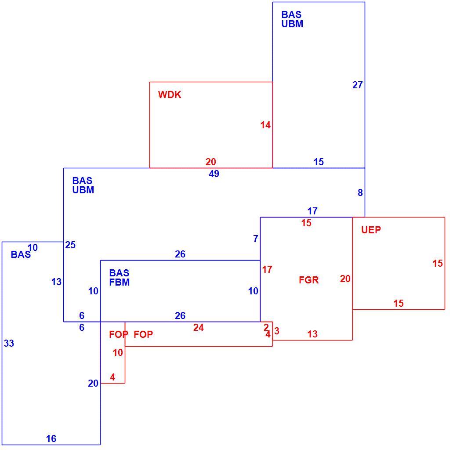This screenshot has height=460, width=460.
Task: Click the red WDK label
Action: click(x=170, y=95)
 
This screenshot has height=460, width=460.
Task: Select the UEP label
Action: click(x=371, y=230)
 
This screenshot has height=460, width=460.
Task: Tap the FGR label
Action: click(x=308, y=280)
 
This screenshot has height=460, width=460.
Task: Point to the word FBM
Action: click(x=120, y=282)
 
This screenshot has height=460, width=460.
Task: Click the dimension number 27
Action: click(x=358, y=85)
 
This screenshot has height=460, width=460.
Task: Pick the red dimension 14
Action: click(x=265, y=125)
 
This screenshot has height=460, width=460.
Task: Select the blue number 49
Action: click(x=214, y=174)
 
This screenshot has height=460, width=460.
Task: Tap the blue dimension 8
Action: click(x=360, y=193)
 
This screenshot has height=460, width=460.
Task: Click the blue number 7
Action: click(x=256, y=239)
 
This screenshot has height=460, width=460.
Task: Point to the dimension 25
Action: click(x=70, y=245)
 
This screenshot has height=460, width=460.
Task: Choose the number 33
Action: click(x=9, y=343)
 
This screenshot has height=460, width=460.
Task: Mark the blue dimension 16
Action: click(x=51, y=438)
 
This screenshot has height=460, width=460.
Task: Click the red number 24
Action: click(x=199, y=327)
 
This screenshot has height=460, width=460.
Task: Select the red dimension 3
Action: click(x=277, y=331)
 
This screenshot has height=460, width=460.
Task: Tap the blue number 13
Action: click(x=56, y=282)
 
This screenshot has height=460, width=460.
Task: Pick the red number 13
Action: click(x=312, y=334)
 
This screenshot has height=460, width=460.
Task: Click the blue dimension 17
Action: click(x=312, y=211)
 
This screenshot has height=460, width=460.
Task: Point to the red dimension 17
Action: click(x=267, y=269)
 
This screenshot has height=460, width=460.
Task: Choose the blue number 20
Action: click(x=93, y=383)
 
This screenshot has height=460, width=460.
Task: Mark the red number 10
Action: click(x=118, y=352)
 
